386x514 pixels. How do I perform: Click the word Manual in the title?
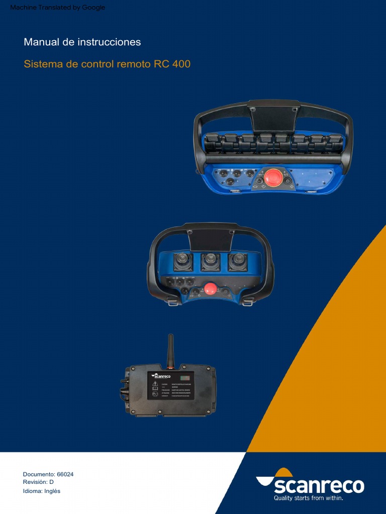[x=42, y=42]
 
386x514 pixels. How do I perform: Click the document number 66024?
[x=65, y=474]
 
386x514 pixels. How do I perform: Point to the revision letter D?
[x=51, y=482]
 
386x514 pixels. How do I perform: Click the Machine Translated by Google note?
[x=57, y=8]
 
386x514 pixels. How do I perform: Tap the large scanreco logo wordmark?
[x=319, y=486]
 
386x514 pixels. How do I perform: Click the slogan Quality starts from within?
[x=308, y=498]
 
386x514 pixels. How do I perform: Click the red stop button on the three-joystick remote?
[x=210, y=288]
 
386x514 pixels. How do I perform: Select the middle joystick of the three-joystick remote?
[x=211, y=262]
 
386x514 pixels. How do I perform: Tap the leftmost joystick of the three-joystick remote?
[x=183, y=262]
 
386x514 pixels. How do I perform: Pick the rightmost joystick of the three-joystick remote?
[x=238, y=262]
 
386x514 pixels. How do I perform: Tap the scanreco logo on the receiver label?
[x=162, y=375]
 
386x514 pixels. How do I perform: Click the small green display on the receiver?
[x=185, y=377]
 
